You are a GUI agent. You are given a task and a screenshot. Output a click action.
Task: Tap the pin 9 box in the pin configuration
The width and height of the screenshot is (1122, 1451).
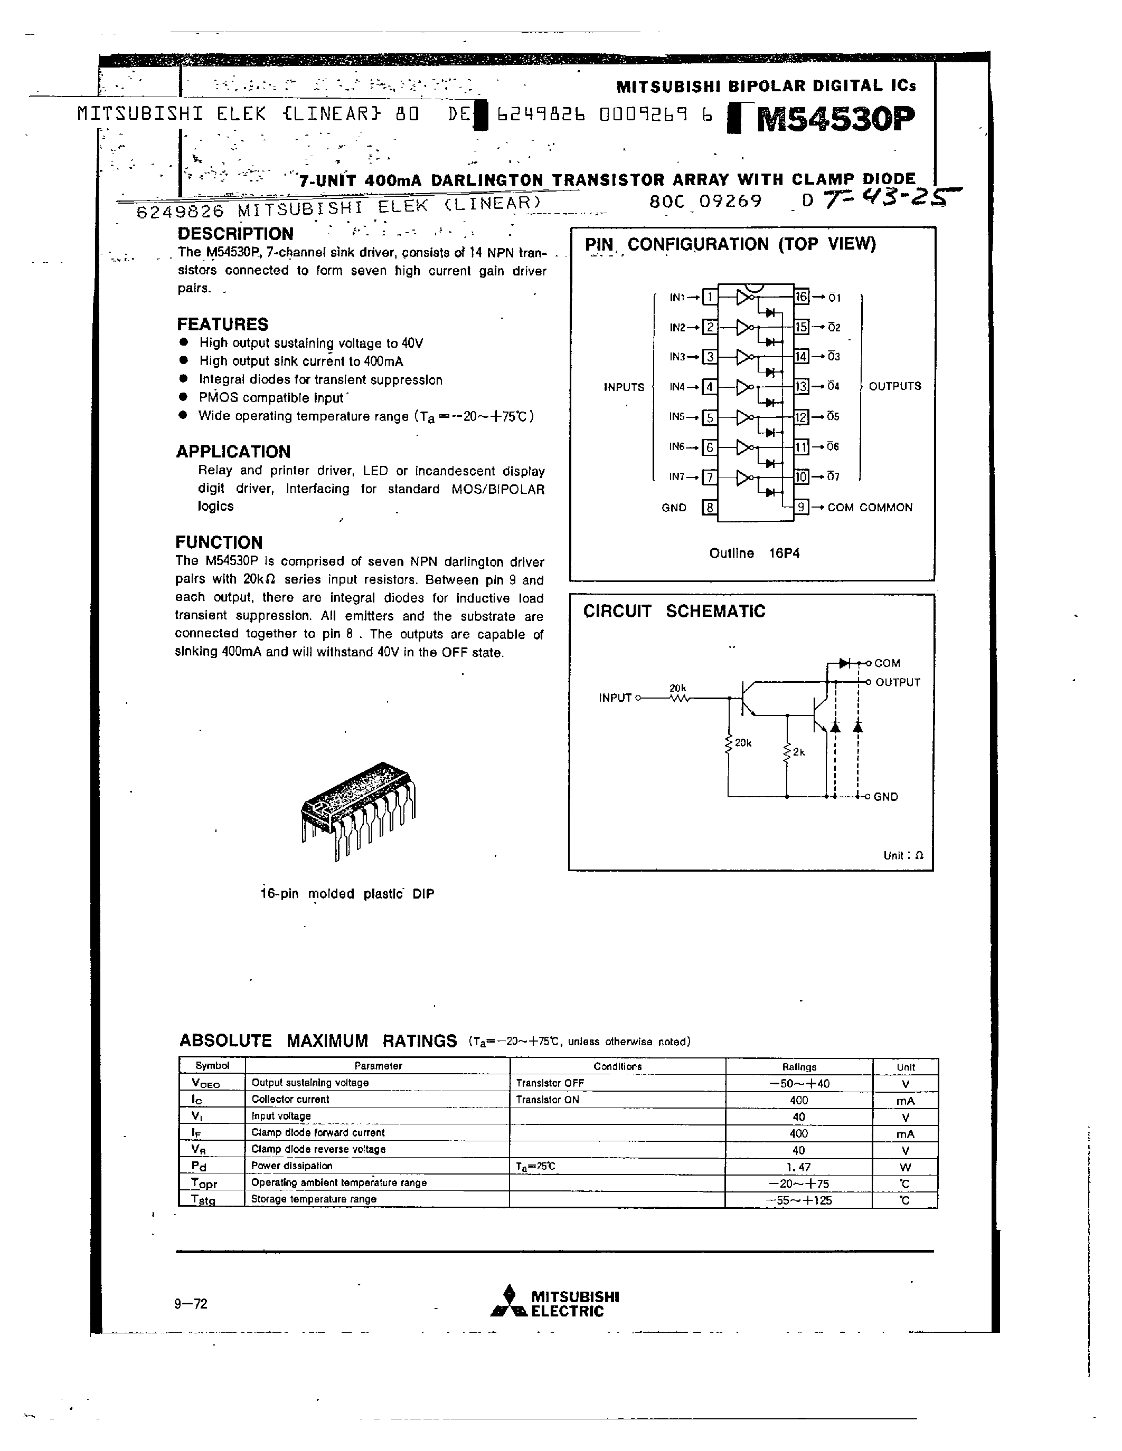click(802, 508)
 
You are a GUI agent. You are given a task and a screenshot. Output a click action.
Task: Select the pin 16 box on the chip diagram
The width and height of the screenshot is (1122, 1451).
click(802, 297)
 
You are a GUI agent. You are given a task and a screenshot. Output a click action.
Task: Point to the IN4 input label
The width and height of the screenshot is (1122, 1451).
click(677, 387)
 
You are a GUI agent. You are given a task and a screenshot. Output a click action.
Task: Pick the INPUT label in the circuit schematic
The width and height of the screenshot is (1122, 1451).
click(615, 698)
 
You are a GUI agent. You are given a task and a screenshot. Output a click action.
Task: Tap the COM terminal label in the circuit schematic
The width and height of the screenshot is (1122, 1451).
click(888, 663)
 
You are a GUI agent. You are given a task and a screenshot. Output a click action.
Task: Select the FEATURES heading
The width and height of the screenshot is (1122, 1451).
click(223, 324)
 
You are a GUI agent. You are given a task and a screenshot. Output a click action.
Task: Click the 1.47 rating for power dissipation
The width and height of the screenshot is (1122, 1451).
click(798, 1167)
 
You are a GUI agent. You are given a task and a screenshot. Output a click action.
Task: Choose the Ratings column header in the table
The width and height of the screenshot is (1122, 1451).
click(798, 1067)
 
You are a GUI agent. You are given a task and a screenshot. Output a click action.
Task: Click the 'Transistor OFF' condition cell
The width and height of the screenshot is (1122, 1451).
click(550, 1083)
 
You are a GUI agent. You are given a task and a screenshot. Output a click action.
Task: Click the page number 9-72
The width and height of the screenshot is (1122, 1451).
click(191, 1303)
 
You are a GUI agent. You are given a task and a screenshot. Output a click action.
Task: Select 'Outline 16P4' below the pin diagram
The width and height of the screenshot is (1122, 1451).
click(754, 553)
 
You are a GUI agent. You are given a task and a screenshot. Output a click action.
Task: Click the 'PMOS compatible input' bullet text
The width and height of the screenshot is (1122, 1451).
click(271, 398)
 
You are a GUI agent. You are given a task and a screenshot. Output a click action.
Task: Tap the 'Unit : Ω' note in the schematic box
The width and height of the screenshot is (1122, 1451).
click(903, 856)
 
